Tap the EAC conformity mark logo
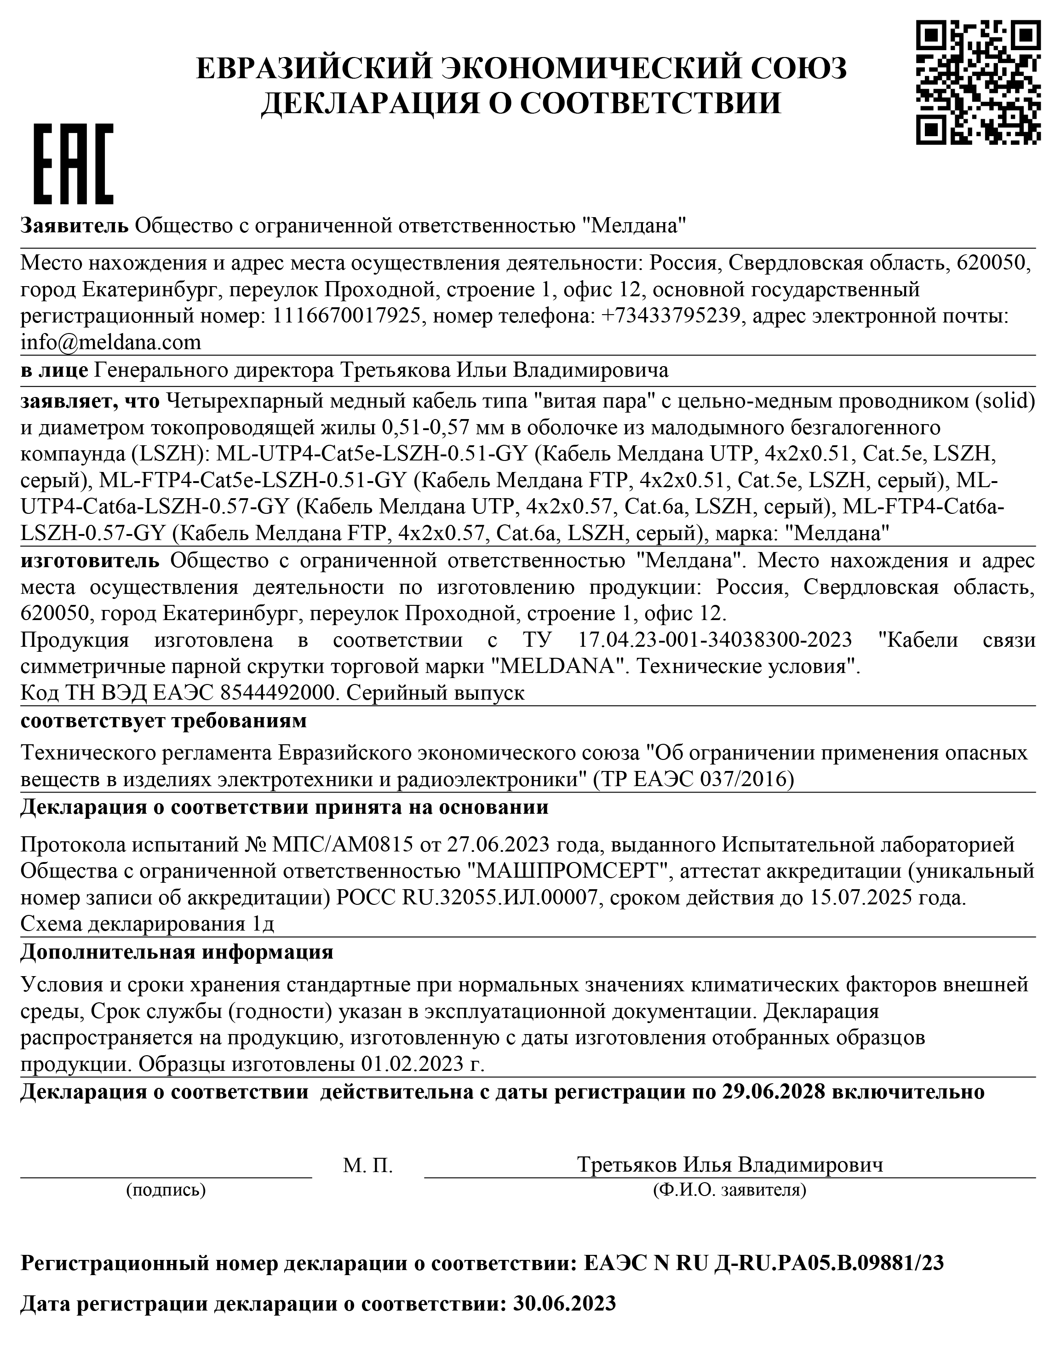[x=73, y=164]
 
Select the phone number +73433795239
[x=671, y=316]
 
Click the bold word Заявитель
[x=75, y=225]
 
